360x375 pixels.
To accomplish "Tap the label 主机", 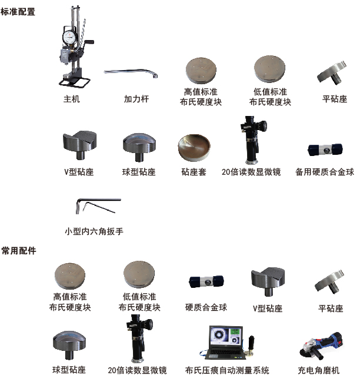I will [x=71, y=99].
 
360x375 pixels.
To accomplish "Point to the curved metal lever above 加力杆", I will [x=132, y=73].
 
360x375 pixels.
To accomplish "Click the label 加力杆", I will [x=136, y=99].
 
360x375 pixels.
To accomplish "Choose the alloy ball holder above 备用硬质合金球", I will [x=324, y=150].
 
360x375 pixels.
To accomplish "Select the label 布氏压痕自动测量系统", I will [x=227, y=370].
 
